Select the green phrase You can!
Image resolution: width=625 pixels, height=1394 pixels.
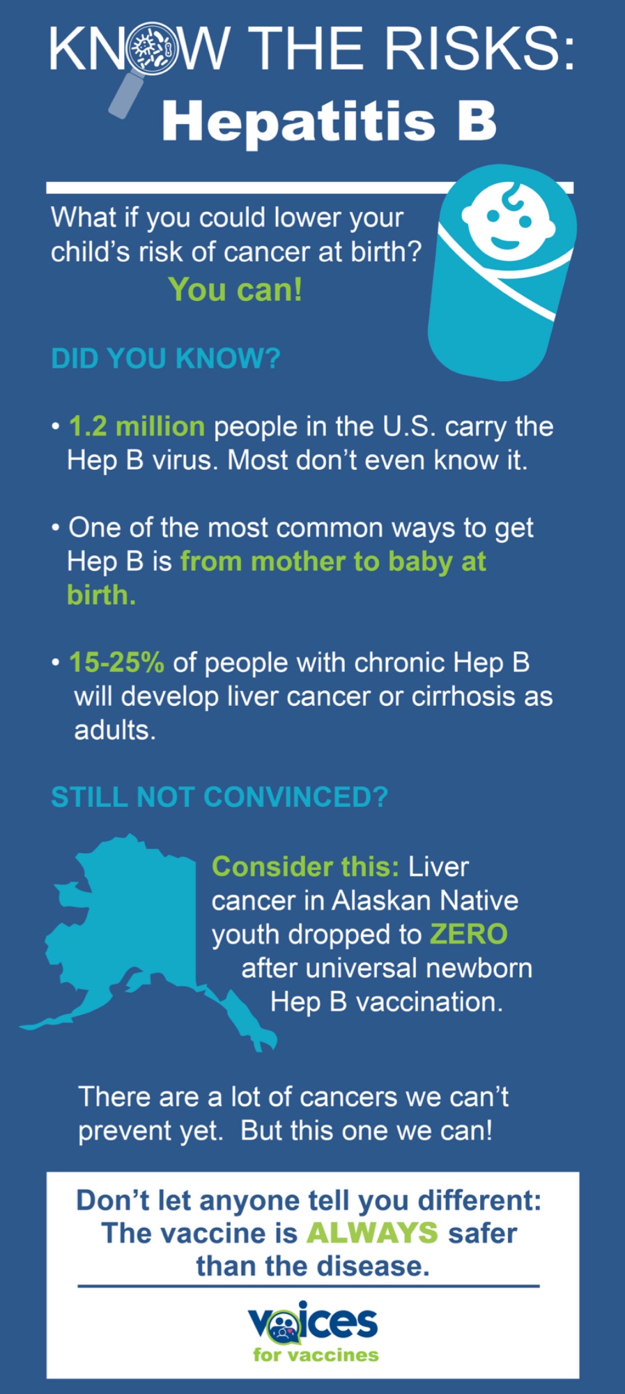pyautogui.click(x=236, y=289)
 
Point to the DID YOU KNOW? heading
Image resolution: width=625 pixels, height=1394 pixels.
pyautogui.click(x=166, y=358)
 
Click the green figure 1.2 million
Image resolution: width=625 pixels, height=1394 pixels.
pyautogui.click(x=137, y=427)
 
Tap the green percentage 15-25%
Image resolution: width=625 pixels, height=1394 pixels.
pyautogui.click(x=116, y=662)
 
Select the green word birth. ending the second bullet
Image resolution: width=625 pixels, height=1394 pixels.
pyautogui.click(x=102, y=595)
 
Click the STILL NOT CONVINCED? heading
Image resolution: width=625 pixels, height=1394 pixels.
pyautogui.click(x=219, y=797)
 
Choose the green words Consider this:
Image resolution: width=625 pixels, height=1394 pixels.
pyautogui.click(x=306, y=866)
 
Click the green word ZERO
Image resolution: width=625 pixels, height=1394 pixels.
pyautogui.click(x=469, y=934)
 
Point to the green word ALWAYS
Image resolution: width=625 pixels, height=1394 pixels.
pyautogui.click(x=373, y=1233)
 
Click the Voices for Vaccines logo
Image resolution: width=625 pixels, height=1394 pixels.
pyautogui.click(x=314, y=1332)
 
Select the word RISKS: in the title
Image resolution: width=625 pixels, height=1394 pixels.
pyautogui.click(x=481, y=49)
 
